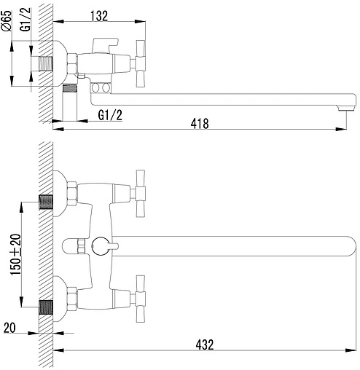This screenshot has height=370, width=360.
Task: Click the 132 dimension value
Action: (x=99, y=16)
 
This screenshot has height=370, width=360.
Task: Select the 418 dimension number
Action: (x=200, y=124)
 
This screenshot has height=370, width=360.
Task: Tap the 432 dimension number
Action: (x=205, y=345)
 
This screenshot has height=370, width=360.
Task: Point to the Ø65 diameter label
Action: (x=7, y=20)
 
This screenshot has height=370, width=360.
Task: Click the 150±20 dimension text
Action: (x=16, y=254)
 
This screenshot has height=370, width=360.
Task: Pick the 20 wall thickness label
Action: (x=9, y=328)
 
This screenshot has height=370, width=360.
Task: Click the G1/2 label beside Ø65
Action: (x=26, y=20)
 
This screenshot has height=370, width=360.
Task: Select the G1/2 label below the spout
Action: (x=110, y=115)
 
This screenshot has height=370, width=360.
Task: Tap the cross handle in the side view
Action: (x=140, y=63)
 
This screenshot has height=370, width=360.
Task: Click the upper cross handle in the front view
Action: (x=140, y=194)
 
